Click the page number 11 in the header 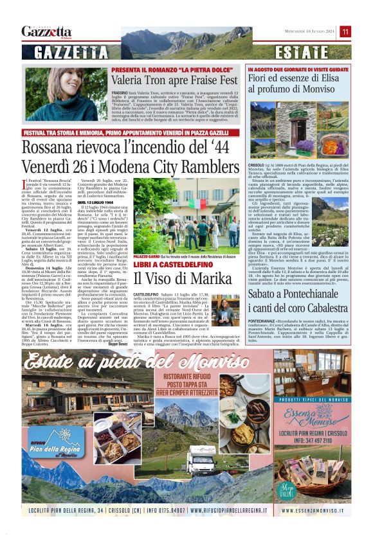click(345, 31)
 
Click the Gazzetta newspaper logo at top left click(46, 31)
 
